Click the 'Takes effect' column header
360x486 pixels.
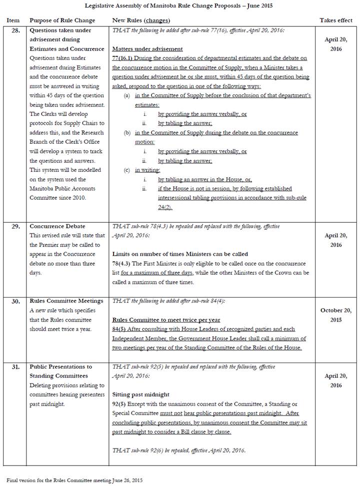pyautogui.click(x=335, y=20)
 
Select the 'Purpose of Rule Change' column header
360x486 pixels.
pyautogui.click(x=62, y=20)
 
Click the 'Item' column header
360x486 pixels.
pyautogui.click(x=13, y=20)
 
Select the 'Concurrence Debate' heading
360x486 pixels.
pyautogui.click(x=57, y=226)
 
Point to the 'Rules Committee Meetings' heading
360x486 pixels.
pyautogui.click(x=66, y=301)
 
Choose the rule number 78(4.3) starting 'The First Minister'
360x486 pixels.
pyautogui.click(x=123, y=263)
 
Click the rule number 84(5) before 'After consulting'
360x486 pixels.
pyautogui.click(x=120, y=329)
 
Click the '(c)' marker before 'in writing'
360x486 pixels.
pyautogui.click(x=127, y=170)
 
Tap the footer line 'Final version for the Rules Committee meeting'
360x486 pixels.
pyautogui.click(x=74, y=480)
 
